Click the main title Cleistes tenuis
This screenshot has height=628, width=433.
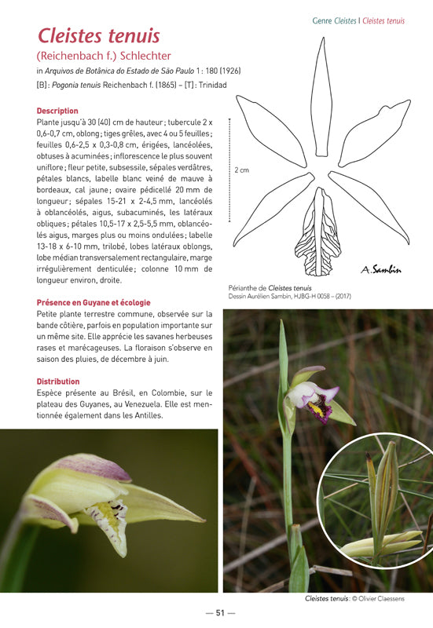click(99, 36)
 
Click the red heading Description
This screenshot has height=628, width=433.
click(57, 111)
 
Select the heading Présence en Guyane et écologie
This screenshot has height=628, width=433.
click(94, 302)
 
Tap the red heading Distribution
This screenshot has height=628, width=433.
click(58, 382)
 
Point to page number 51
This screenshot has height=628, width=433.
click(220, 613)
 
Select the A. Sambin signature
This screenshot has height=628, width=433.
click(381, 270)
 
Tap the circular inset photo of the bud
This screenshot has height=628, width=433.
click(376, 499)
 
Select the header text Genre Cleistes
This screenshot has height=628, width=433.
click(334, 21)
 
